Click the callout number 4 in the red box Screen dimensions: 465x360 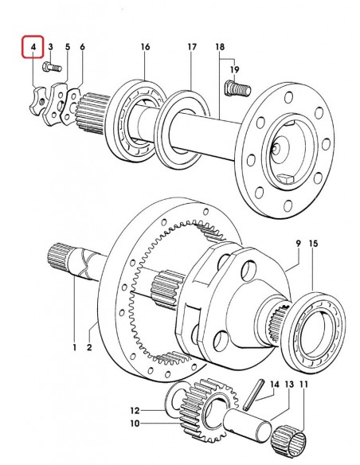pyautogui.click(x=33, y=49)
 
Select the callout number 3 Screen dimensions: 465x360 pyautogui.click(x=50, y=49)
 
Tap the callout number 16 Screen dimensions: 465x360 pyautogui.click(x=145, y=49)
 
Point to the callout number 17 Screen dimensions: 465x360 pyautogui.click(x=192, y=49)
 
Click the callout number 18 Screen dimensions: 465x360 pyautogui.click(x=220, y=49)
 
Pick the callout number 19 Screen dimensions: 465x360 pyautogui.click(x=235, y=70)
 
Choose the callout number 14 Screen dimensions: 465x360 pyautogui.click(x=274, y=384)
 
